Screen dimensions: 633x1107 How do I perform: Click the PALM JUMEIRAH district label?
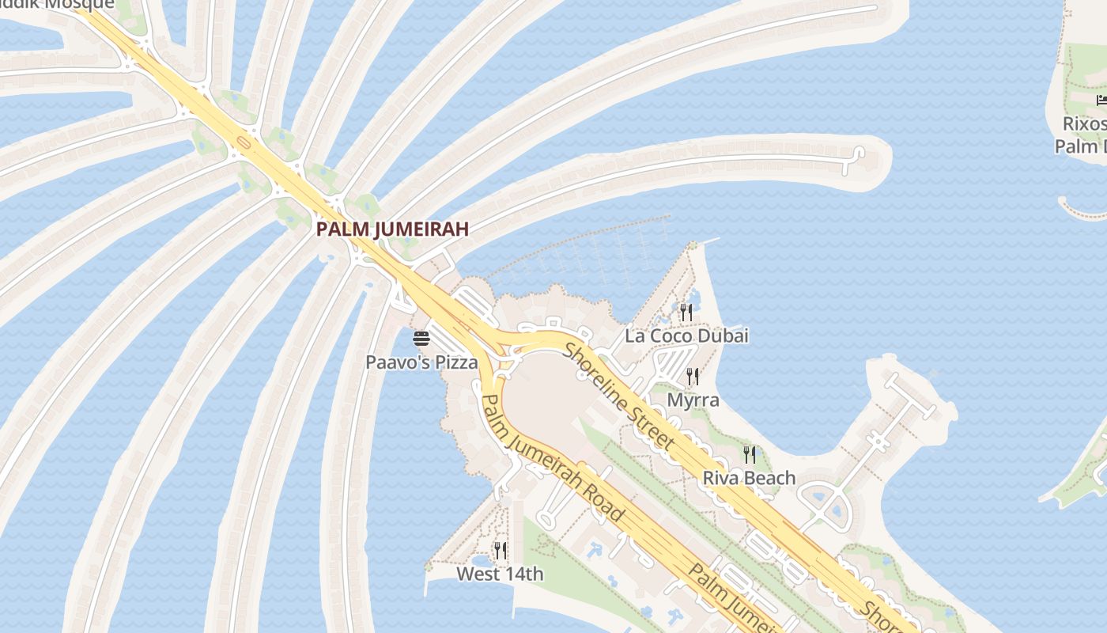(x=392, y=229)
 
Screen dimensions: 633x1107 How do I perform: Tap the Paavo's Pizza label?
(x=421, y=362)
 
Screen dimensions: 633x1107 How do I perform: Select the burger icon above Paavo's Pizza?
(x=421, y=339)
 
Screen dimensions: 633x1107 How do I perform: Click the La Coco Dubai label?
(x=686, y=335)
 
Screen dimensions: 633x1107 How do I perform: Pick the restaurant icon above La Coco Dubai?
(x=686, y=313)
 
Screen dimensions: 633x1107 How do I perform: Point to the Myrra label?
(x=693, y=400)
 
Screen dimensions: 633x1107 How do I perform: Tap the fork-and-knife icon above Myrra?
(x=693, y=376)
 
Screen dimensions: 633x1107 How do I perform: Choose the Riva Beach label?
(x=749, y=478)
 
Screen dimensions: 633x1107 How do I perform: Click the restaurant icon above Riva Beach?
(x=749, y=454)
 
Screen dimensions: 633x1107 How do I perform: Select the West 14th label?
(x=500, y=574)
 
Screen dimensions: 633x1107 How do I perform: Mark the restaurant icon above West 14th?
(x=500, y=550)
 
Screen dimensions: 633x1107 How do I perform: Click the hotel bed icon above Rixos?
(x=1101, y=100)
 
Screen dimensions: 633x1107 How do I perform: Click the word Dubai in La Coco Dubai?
(x=724, y=335)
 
